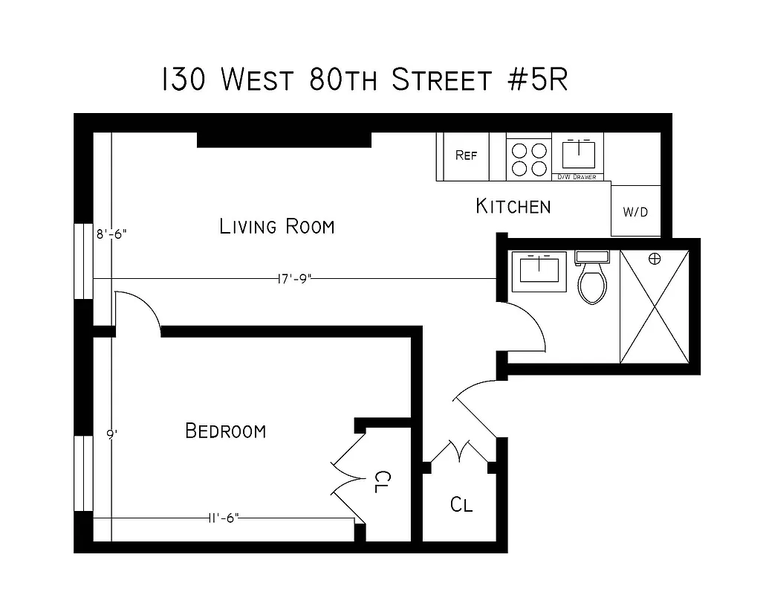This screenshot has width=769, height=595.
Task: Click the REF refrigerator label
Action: [466, 155]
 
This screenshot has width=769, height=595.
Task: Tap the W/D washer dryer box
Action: [635, 212]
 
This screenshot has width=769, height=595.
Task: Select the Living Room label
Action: [276, 226]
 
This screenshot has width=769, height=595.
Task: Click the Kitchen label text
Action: [513, 206]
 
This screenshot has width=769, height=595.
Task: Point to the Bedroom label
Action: [225, 431]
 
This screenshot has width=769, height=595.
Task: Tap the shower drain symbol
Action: [655, 259]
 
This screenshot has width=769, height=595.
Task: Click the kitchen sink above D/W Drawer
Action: [577, 154]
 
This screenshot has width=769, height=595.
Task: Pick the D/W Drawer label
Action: [577, 177]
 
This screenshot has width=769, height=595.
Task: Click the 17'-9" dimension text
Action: [294, 279]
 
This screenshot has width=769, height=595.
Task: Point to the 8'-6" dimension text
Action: [111, 234]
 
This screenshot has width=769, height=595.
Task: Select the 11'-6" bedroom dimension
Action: [221, 519]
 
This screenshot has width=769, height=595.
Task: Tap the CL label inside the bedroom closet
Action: [382, 480]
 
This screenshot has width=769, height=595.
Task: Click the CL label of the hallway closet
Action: [461, 505]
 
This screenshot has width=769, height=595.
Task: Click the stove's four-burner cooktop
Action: [529, 158]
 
